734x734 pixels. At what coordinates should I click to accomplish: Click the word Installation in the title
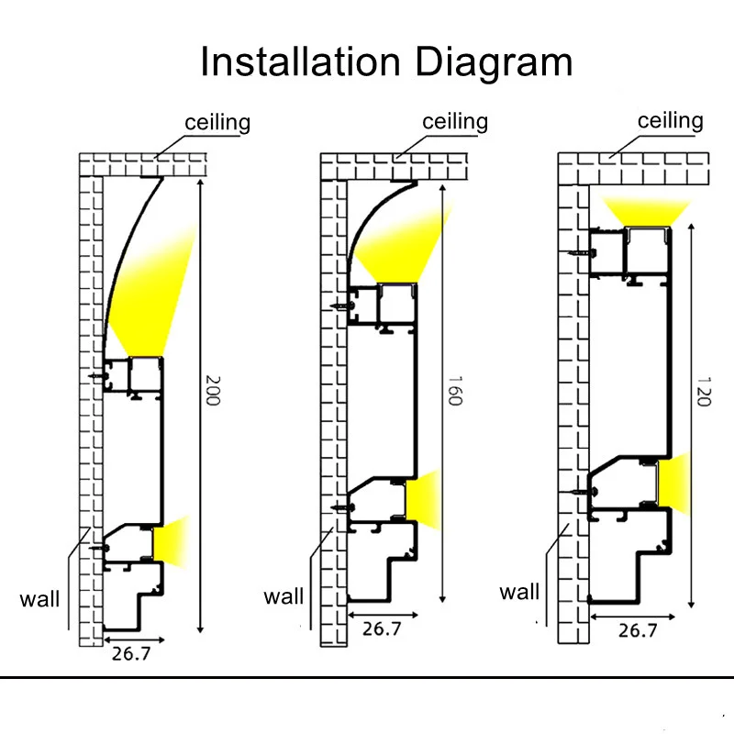(x=300, y=61)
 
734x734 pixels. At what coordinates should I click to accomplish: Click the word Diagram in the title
(x=494, y=61)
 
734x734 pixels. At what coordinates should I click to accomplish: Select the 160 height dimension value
(x=456, y=389)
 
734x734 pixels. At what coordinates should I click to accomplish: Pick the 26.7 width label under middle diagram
(x=382, y=628)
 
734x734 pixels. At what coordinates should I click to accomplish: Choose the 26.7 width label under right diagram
(x=638, y=630)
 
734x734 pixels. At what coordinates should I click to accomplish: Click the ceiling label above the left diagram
(x=217, y=122)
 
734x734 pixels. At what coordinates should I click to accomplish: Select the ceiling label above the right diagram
(x=671, y=119)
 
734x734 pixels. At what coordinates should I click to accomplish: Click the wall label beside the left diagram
(x=39, y=600)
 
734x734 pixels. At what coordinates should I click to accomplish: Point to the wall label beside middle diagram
(x=284, y=597)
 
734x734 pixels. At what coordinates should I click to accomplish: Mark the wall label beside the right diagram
(x=519, y=592)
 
